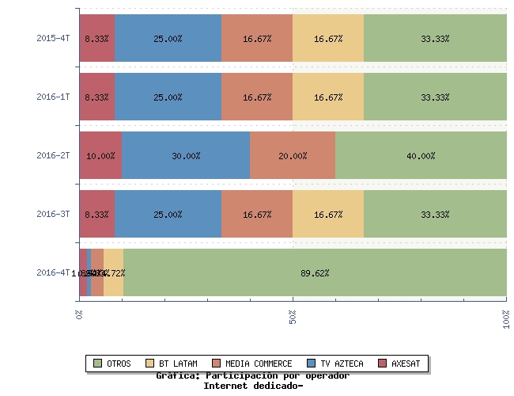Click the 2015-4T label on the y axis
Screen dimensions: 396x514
tap(53, 38)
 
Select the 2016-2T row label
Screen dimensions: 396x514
tap(53, 155)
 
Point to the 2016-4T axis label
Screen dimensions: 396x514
tap(53, 272)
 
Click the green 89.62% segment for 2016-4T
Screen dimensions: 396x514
tap(315, 272)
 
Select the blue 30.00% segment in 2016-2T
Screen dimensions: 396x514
tap(186, 155)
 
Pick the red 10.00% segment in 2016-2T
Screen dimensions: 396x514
tap(100, 155)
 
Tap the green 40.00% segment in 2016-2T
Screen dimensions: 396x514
tap(421, 155)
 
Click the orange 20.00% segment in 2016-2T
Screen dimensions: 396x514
tap(293, 155)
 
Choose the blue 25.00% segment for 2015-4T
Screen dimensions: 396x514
tap(168, 38)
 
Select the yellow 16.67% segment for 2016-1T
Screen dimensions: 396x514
tap(328, 97)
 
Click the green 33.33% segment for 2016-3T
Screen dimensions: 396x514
tap(435, 214)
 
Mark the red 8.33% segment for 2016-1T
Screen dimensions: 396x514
tap(96, 97)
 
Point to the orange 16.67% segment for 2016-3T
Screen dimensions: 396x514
tap(257, 214)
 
